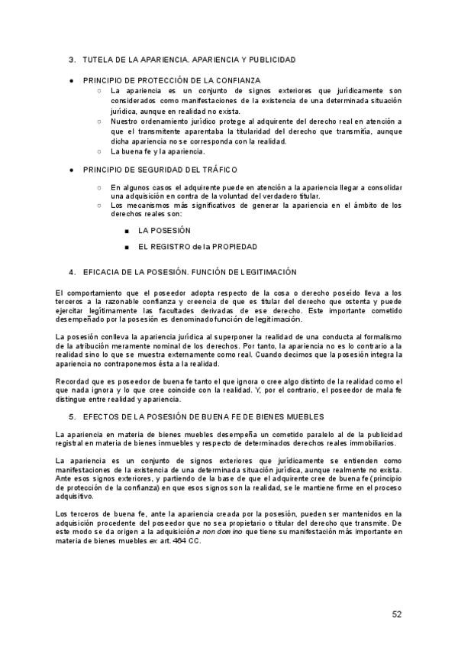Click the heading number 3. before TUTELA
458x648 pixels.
point(72,59)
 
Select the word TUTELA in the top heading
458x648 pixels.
point(98,59)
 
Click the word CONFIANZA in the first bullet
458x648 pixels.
point(239,79)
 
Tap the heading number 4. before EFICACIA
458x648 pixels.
point(72,271)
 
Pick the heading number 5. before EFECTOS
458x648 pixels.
point(72,416)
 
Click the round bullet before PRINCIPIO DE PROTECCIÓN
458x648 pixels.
point(71,79)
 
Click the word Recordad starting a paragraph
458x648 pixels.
point(75,380)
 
